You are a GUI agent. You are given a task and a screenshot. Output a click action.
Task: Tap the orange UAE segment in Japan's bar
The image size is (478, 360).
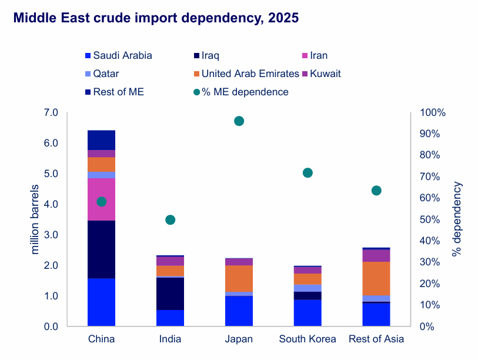[239, 278]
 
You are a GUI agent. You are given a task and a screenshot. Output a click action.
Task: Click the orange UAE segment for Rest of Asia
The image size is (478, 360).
[376, 278]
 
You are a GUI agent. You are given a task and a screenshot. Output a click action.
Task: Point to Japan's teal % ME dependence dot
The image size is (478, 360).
[239, 121]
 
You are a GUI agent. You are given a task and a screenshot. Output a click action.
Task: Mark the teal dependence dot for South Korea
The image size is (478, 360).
[307, 173]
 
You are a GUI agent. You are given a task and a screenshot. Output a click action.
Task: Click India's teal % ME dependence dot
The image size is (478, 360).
[171, 220]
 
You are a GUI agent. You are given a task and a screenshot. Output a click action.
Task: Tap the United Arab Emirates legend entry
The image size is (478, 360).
[250, 74]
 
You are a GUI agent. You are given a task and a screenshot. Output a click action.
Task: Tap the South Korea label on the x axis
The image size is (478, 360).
[307, 339]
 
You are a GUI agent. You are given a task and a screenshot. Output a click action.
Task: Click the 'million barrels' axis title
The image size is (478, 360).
[35, 219]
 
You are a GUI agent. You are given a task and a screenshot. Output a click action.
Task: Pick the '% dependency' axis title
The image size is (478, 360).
[457, 219]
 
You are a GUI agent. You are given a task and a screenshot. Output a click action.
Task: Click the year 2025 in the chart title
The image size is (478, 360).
[283, 18]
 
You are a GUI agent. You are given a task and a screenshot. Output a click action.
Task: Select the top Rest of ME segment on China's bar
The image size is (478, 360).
[101, 140]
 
